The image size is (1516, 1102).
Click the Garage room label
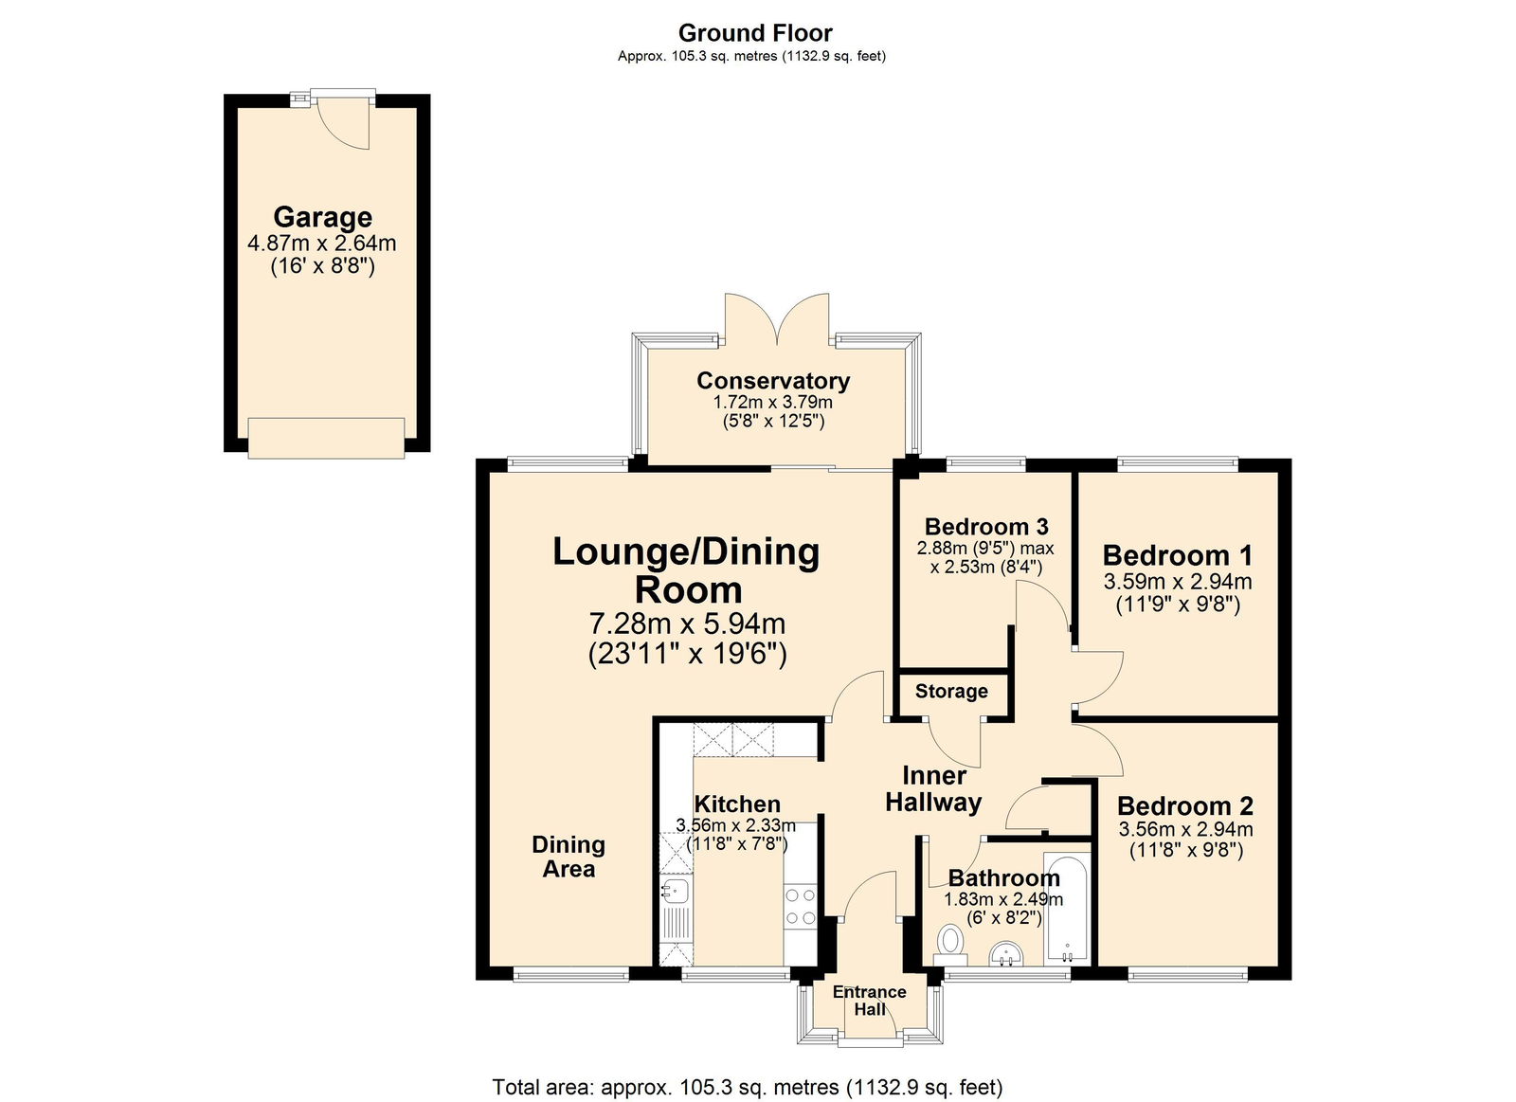[322, 217]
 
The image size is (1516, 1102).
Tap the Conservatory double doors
[777, 319]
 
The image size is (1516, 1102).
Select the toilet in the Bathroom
[949, 942]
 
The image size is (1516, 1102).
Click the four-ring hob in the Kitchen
[801, 905]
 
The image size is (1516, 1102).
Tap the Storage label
[951, 692]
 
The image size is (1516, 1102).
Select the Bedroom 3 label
[985, 526]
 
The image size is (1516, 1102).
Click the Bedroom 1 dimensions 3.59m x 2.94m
[1177, 582]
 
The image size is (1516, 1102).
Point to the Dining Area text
[568, 857]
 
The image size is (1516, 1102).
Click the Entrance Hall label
[869, 1001]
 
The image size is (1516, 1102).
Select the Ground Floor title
[755, 33]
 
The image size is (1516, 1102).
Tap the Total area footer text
[747, 1087]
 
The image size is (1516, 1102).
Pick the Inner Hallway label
[933, 788]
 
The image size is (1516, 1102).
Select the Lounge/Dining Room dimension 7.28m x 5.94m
[687, 623]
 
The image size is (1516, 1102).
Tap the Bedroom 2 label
[1184, 805]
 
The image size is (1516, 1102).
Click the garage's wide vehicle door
[326, 438]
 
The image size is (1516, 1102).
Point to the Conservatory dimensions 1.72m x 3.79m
[772, 402]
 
